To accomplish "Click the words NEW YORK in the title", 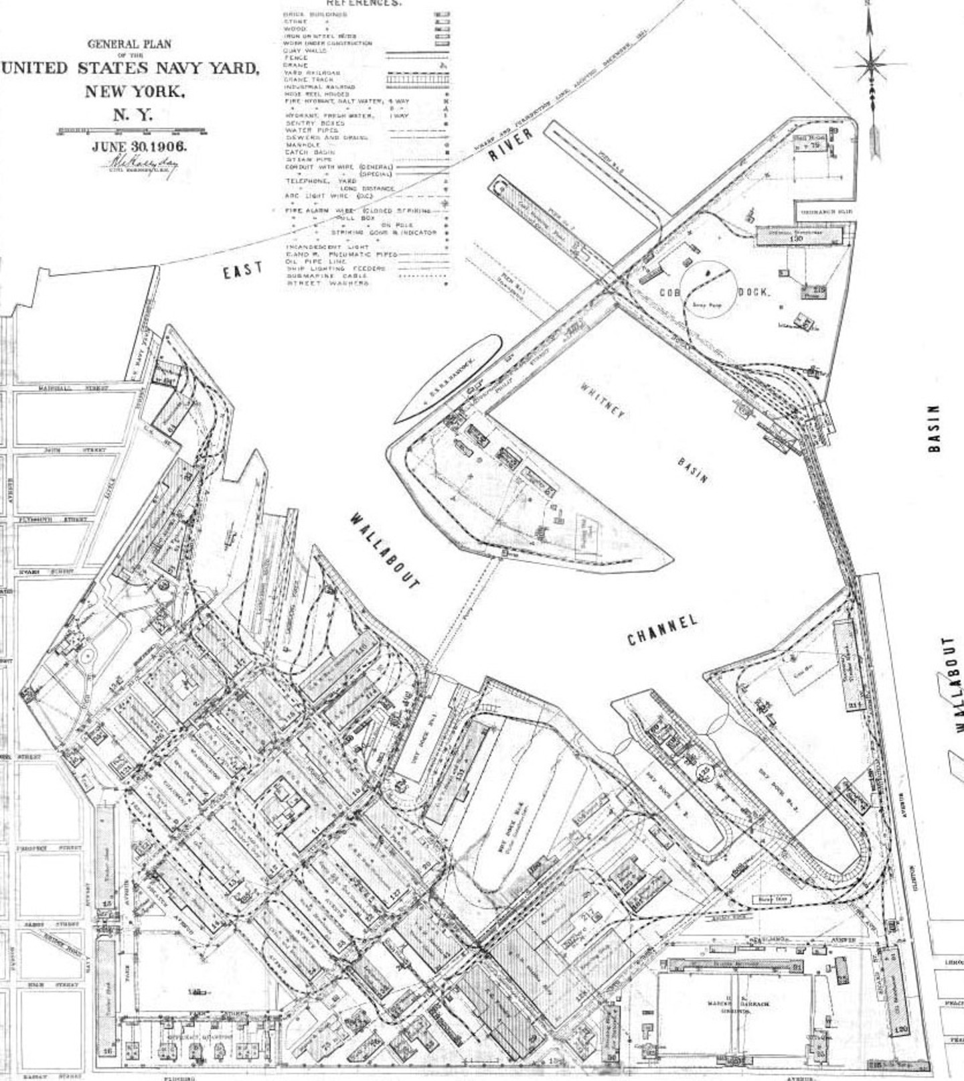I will coord(134,91).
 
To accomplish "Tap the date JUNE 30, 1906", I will coord(139,147).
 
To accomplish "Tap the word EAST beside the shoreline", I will coord(243,271).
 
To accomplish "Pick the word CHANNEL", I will coord(662,630).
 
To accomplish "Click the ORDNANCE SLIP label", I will coord(827,212).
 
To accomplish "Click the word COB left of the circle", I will coord(670,293).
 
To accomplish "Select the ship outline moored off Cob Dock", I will coord(446,378).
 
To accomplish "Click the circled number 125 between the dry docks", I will coord(704,772).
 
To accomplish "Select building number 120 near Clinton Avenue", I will coord(901,1028).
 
